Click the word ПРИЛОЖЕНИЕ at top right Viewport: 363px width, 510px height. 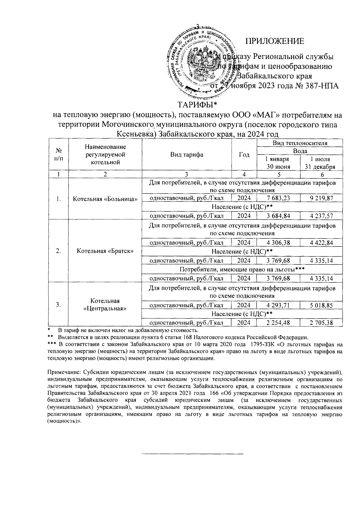click(274, 41)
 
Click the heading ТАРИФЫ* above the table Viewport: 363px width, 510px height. click(197, 105)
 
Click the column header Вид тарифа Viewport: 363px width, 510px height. click(187, 155)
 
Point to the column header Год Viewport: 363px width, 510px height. click(244, 155)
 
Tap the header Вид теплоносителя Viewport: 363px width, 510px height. click(300, 143)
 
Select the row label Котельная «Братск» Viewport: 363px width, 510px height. click(105, 251)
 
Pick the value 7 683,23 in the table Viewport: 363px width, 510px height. click(278, 198)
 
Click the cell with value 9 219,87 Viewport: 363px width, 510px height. click(321, 198)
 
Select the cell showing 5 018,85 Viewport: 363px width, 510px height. click(321, 305)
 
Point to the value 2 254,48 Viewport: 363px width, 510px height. click(278, 323)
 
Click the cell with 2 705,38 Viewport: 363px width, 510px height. click(321, 323)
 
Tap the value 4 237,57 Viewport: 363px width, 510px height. click(321, 216)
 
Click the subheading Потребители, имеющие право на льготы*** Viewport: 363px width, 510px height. click(242, 269)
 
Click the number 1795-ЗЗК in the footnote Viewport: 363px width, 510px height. click(258, 344)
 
